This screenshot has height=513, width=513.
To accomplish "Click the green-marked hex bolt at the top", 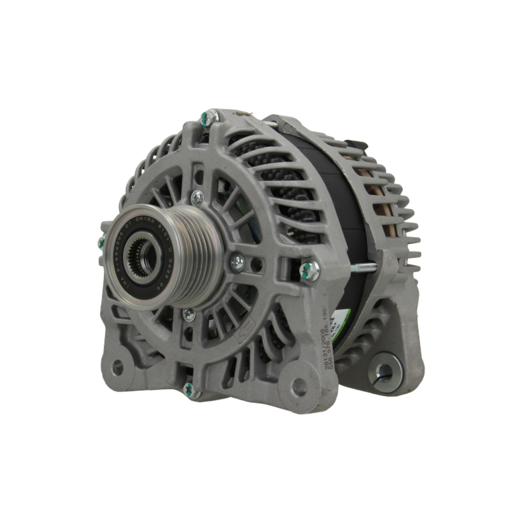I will tap(209, 118).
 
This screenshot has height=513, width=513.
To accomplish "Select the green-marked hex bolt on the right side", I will tap(309, 270).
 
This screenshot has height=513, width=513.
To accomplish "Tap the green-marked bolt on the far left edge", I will tap(102, 242).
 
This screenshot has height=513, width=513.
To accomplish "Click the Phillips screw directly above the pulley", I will tap(197, 198).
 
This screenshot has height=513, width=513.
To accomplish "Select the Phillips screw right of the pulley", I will tap(237, 263).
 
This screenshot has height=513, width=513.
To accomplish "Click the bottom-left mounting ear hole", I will tap(117, 367).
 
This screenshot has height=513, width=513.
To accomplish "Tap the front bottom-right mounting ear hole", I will tap(299, 387).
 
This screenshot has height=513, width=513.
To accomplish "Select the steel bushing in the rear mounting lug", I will tap(384, 372).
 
